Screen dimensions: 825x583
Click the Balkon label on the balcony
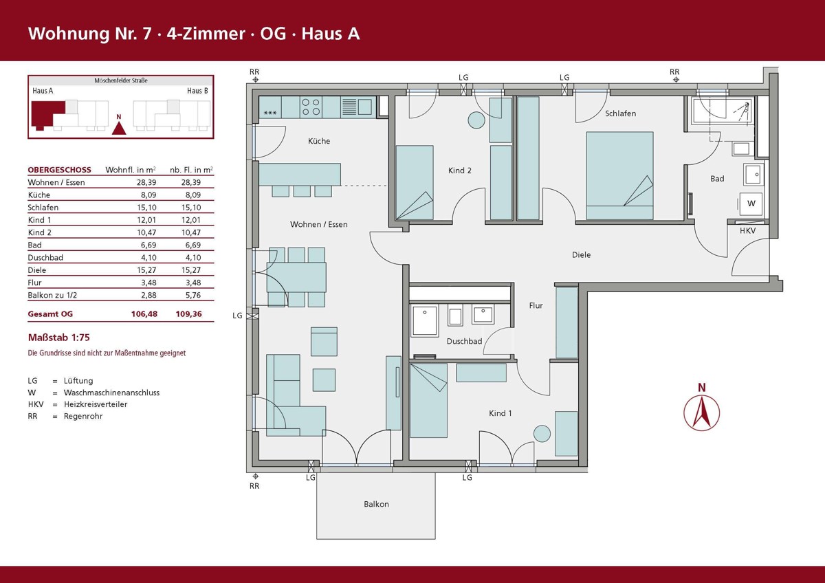point(376,504)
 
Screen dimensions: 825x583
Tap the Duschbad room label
point(464,342)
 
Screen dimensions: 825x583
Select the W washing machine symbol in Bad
point(751,203)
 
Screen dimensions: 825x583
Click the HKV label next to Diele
point(748,231)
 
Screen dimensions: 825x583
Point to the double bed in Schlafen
point(619,176)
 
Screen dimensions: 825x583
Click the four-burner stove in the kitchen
point(311,107)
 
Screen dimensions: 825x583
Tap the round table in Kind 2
point(476,120)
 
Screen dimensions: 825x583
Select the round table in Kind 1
point(542,434)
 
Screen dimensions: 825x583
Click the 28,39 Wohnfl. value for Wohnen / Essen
point(146,182)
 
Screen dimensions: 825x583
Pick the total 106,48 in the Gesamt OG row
point(144,314)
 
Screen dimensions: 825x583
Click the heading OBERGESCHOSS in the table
point(59,170)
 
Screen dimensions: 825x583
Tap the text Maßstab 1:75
point(59,338)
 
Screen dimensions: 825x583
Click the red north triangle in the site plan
point(118,128)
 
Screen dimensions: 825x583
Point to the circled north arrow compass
point(702,413)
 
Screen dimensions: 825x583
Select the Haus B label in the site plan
point(197,91)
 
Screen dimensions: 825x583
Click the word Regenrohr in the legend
point(83,417)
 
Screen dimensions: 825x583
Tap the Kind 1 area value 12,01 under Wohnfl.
point(146,220)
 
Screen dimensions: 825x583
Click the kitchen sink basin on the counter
point(364,107)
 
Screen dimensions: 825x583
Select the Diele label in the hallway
point(581,255)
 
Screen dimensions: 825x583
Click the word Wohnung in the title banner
point(69,34)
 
